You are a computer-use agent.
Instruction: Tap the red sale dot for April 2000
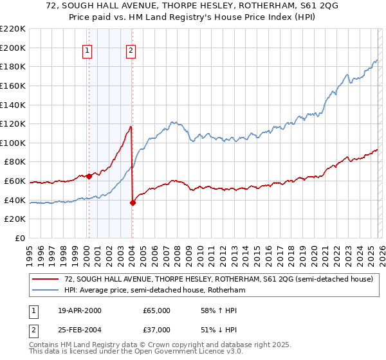(x=89, y=176)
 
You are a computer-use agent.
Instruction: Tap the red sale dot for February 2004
(x=133, y=203)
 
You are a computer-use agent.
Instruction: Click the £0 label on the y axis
(x=20, y=238)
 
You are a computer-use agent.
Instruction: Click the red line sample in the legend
(x=46, y=280)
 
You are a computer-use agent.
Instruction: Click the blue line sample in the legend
(x=46, y=291)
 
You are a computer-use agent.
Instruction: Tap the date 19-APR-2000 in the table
(x=78, y=310)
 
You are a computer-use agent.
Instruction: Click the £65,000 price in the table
(x=157, y=310)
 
